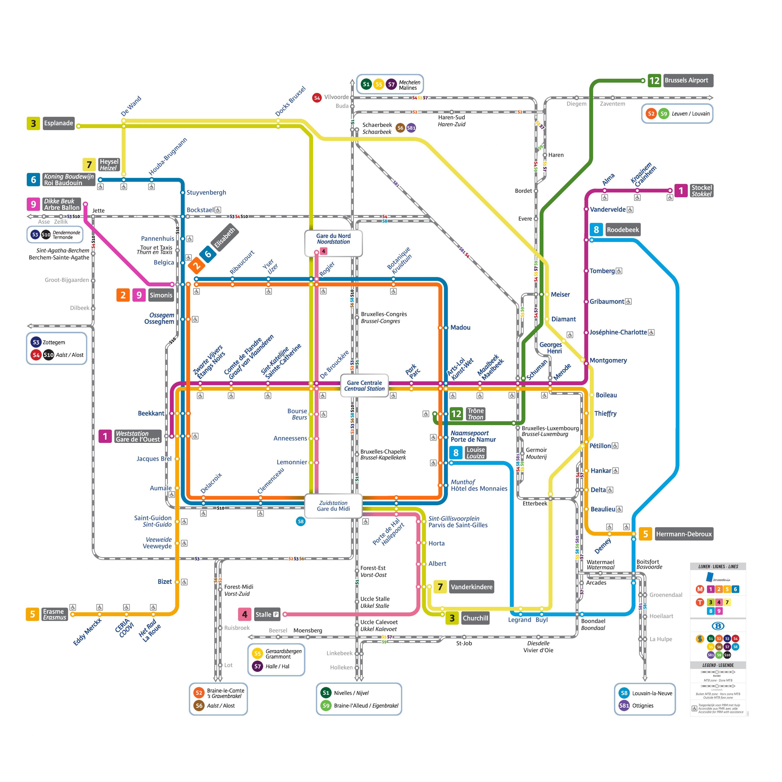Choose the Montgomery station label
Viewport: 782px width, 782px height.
point(608,360)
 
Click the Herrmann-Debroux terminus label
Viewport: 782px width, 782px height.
point(684,534)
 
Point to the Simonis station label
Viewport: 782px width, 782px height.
point(161,295)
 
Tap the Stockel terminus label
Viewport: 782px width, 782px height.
point(701,191)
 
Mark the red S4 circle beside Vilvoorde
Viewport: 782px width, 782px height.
point(317,98)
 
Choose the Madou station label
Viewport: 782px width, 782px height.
point(460,327)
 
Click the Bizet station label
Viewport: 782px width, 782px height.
point(164,582)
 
